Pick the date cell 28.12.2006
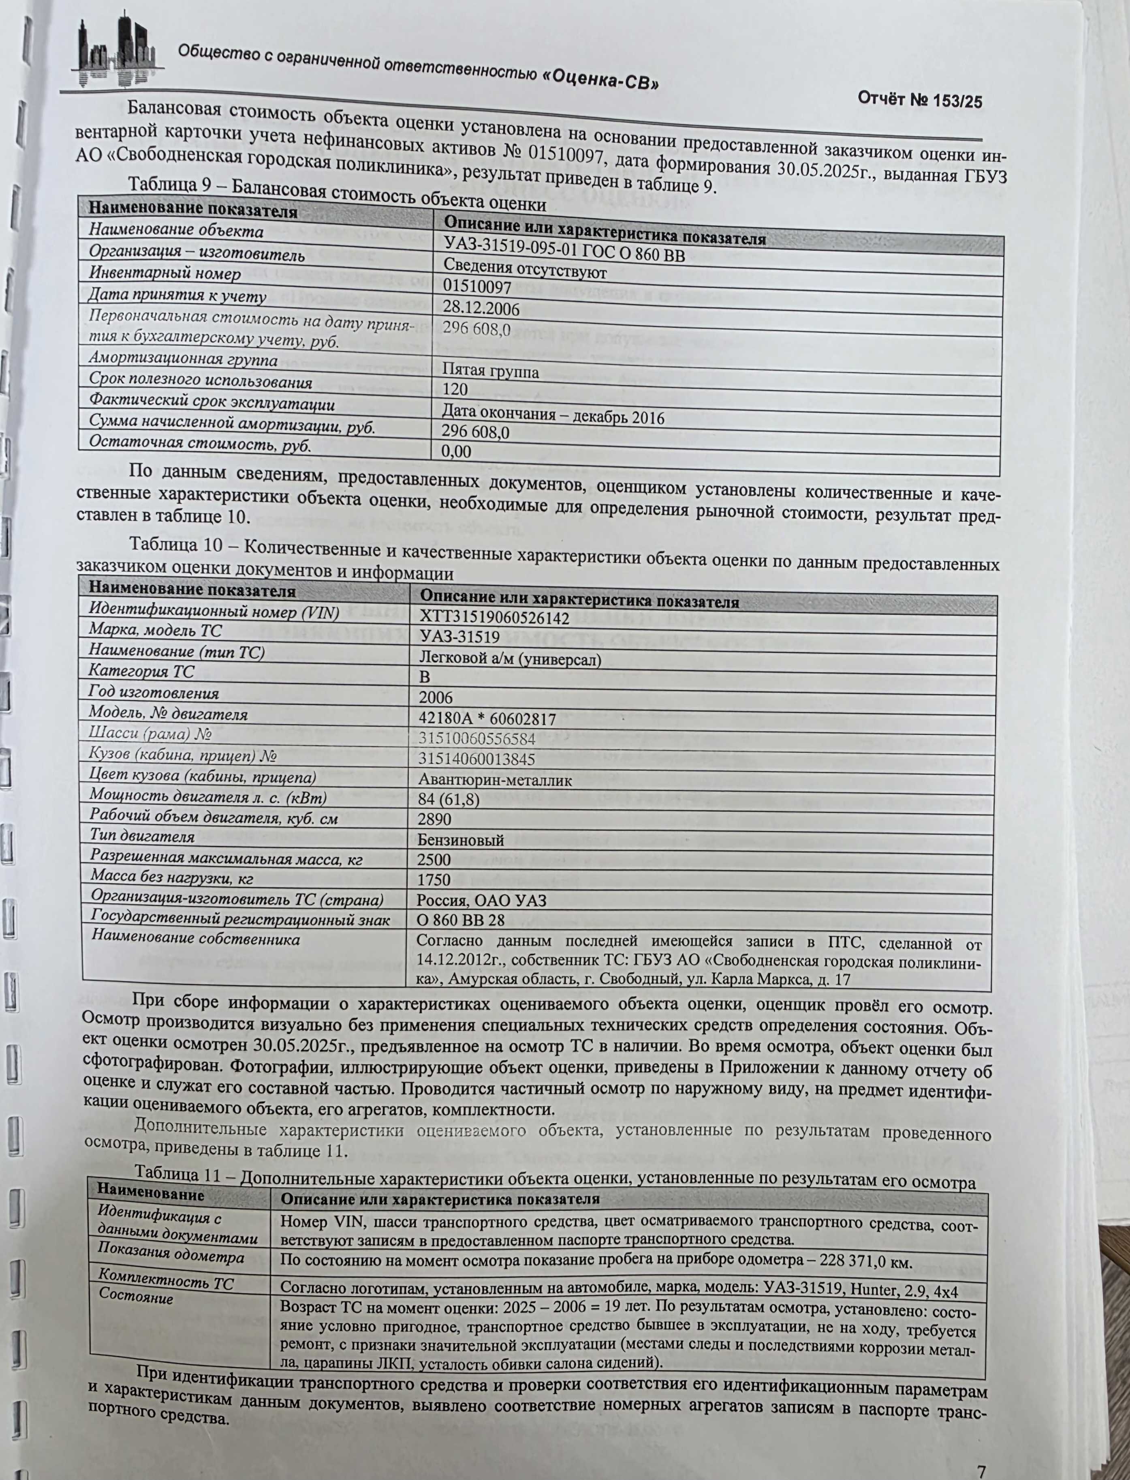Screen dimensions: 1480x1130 click(481, 309)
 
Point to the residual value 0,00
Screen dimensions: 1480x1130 click(456, 451)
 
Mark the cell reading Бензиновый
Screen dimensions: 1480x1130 click(460, 840)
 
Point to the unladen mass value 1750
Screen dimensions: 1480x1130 click(434, 879)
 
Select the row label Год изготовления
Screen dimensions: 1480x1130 click(154, 693)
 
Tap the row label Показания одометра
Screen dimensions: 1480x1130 click(171, 1256)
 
